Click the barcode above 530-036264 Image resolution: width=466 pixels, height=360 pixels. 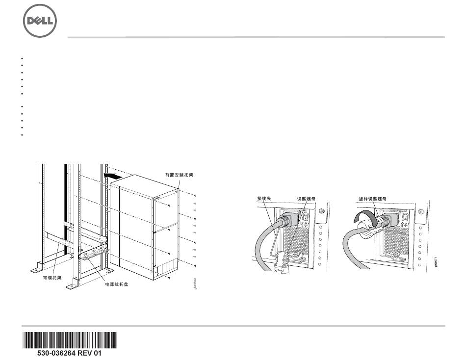click(69, 340)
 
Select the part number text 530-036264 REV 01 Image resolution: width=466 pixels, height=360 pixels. click(69, 353)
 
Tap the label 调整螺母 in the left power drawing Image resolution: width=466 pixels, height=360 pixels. click(307, 199)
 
